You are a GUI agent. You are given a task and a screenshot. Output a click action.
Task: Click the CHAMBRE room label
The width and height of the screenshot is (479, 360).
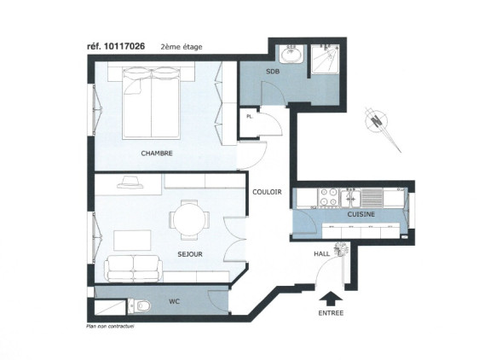click(x=157, y=154)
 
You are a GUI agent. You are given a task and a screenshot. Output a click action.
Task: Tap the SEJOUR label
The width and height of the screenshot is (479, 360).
click(x=190, y=254)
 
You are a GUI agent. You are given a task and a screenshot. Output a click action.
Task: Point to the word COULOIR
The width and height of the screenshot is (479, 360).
click(x=267, y=192)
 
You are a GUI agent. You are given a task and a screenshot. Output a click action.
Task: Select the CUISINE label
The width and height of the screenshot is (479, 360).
click(x=361, y=214)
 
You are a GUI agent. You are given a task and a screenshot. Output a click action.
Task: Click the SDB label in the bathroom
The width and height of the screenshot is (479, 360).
click(x=273, y=72)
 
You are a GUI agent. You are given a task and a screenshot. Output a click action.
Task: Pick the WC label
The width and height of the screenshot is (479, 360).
click(x=174, y=302)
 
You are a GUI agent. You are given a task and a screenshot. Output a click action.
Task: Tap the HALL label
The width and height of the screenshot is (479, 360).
click(x=321, y=254)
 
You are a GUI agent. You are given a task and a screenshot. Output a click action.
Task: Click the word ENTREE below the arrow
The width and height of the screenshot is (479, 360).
click(x=331, y=313)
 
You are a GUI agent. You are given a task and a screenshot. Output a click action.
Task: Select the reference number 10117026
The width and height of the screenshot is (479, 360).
click(x=124, y=46)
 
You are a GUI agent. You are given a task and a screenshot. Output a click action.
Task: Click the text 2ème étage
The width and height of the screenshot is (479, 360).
click(x=182, y=47)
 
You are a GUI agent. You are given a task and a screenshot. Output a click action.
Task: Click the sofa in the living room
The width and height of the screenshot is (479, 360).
click(x=133, y=269)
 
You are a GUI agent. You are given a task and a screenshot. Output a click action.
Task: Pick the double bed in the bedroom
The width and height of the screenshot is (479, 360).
click(x=151, y=103)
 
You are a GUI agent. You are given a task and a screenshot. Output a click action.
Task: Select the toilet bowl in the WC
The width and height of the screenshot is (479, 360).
click(x=141, y=306)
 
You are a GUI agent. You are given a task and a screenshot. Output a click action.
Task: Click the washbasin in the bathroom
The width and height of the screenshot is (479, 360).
click(x=291, y=54)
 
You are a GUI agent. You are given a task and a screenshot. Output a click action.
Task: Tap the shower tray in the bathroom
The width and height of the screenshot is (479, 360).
click(x=325, y=59)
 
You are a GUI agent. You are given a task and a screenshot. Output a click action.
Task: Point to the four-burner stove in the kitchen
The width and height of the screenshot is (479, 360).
click(x=328, y=197)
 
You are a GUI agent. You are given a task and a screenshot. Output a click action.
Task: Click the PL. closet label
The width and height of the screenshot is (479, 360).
click(x=250, y=117)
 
